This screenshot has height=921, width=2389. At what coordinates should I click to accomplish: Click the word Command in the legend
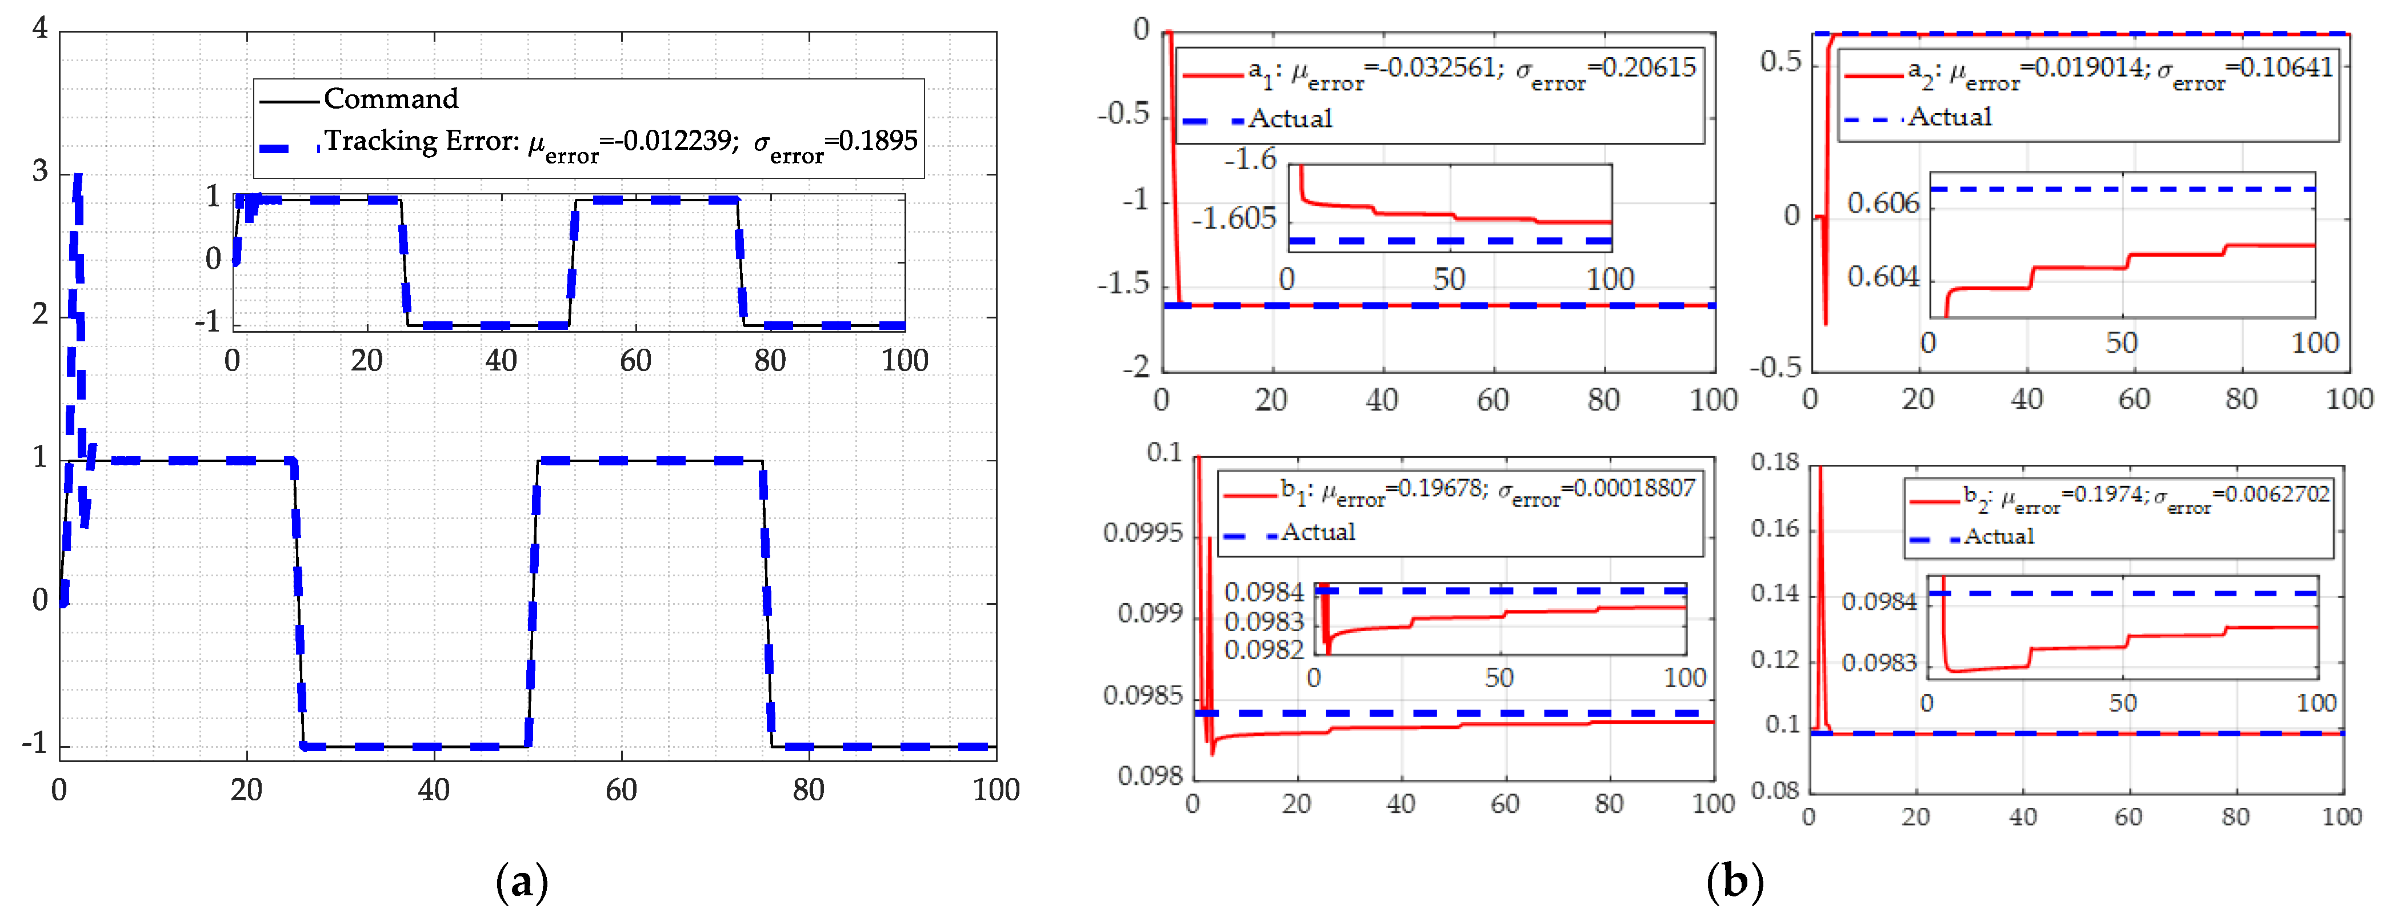pyautogui.click(x=390, y=98)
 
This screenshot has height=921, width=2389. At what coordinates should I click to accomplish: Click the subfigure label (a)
pyautogui.click(x=522, y=882)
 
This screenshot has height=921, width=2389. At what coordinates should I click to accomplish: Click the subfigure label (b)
pyautogui.click(x=1734, y=882)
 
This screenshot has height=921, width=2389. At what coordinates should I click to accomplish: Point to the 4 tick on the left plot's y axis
pyautogui.click(x=40, y=29)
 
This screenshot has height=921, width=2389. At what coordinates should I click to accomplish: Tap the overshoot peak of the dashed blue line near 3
pyautogui.click(x=78, y=176)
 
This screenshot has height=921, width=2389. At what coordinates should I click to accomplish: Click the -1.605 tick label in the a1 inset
pyautogui.click(x=1234, y=220)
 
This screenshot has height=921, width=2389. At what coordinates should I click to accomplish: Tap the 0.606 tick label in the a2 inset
pyautogui.click(x=1883, y=203)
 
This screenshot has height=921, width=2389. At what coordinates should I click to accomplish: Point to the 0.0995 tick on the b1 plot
pyautogui.click(x=1143, y=533)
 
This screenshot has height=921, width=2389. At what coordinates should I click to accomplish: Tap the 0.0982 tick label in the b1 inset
pyautogui.click(x=1263, y=650)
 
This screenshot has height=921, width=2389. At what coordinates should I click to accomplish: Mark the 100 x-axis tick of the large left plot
pyautogui.click(x=996, y=790)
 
